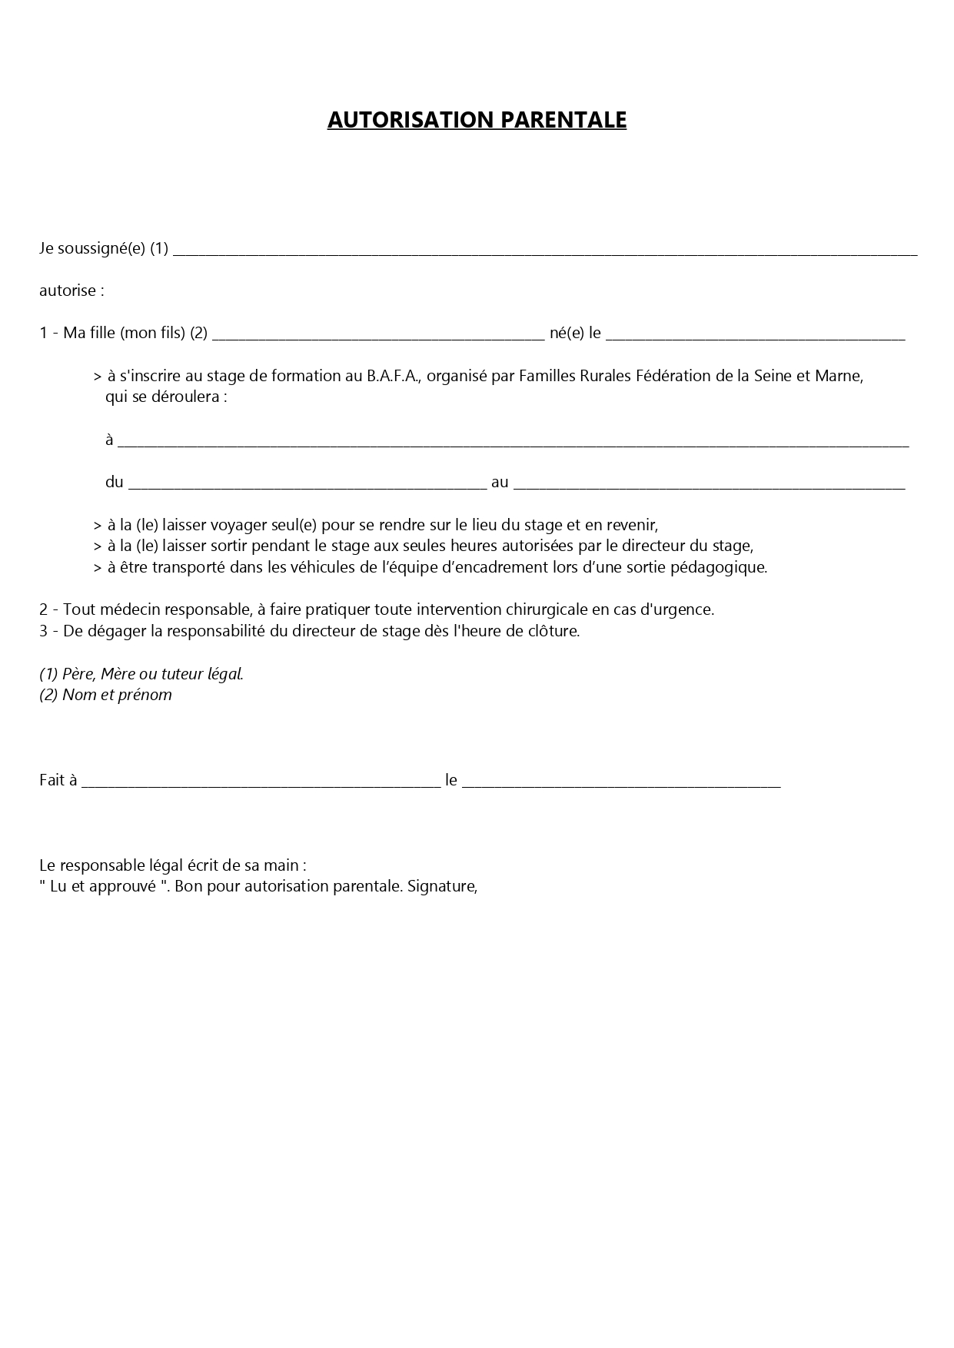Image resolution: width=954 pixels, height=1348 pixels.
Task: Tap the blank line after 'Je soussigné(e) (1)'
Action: [544, 250]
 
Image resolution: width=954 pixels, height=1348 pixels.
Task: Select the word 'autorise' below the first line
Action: [67, 291]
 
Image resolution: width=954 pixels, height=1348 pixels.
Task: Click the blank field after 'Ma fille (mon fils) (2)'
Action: [377, 334]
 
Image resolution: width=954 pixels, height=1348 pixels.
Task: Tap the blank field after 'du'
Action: [307, 483]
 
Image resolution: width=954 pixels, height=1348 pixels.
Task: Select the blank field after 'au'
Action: [708, 483]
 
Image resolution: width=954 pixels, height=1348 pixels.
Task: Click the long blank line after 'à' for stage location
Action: [513, 441]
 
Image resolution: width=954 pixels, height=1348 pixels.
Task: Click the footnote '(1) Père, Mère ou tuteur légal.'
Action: [141, 674]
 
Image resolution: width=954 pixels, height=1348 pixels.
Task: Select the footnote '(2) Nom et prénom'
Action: [106, 695]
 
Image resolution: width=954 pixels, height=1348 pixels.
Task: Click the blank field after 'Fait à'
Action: [261, 781]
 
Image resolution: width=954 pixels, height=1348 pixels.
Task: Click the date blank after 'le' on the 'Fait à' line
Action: [621, 781]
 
